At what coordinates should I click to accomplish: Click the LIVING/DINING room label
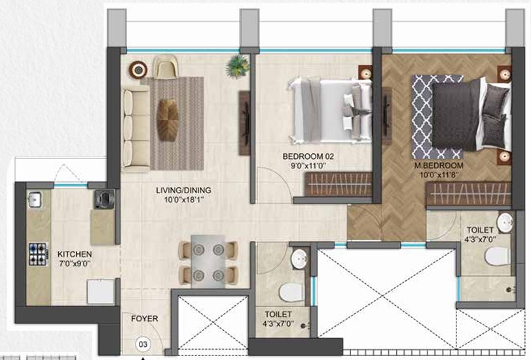tap(183, 190)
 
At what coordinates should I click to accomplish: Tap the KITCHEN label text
tap(75, 254)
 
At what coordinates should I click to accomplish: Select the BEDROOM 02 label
tap(308, 156)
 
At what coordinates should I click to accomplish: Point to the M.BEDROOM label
tap(439, 166)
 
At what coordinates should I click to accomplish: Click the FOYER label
tap(145, 319)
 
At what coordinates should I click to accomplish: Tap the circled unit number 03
tap(143, 344)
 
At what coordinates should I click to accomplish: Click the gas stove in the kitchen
tap(38, 255)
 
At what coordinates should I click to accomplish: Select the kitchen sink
tap(35, 200)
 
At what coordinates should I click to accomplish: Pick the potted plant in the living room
tap(238, 66)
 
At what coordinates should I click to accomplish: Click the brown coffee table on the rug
tap(168, 120)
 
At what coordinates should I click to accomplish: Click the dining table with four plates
tap(208, 261)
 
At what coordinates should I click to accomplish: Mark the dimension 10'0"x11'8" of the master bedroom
tap(439, 175)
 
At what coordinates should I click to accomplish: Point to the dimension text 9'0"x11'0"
tap(308, 166)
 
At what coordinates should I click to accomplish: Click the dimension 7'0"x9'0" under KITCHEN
tap(75, 264)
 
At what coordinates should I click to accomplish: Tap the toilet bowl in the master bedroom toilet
tap(497, 256)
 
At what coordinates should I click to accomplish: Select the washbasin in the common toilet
tap(299, 259)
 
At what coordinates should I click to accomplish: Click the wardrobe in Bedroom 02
tap(338, 184)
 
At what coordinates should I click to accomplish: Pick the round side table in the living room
tap(138, 70)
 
